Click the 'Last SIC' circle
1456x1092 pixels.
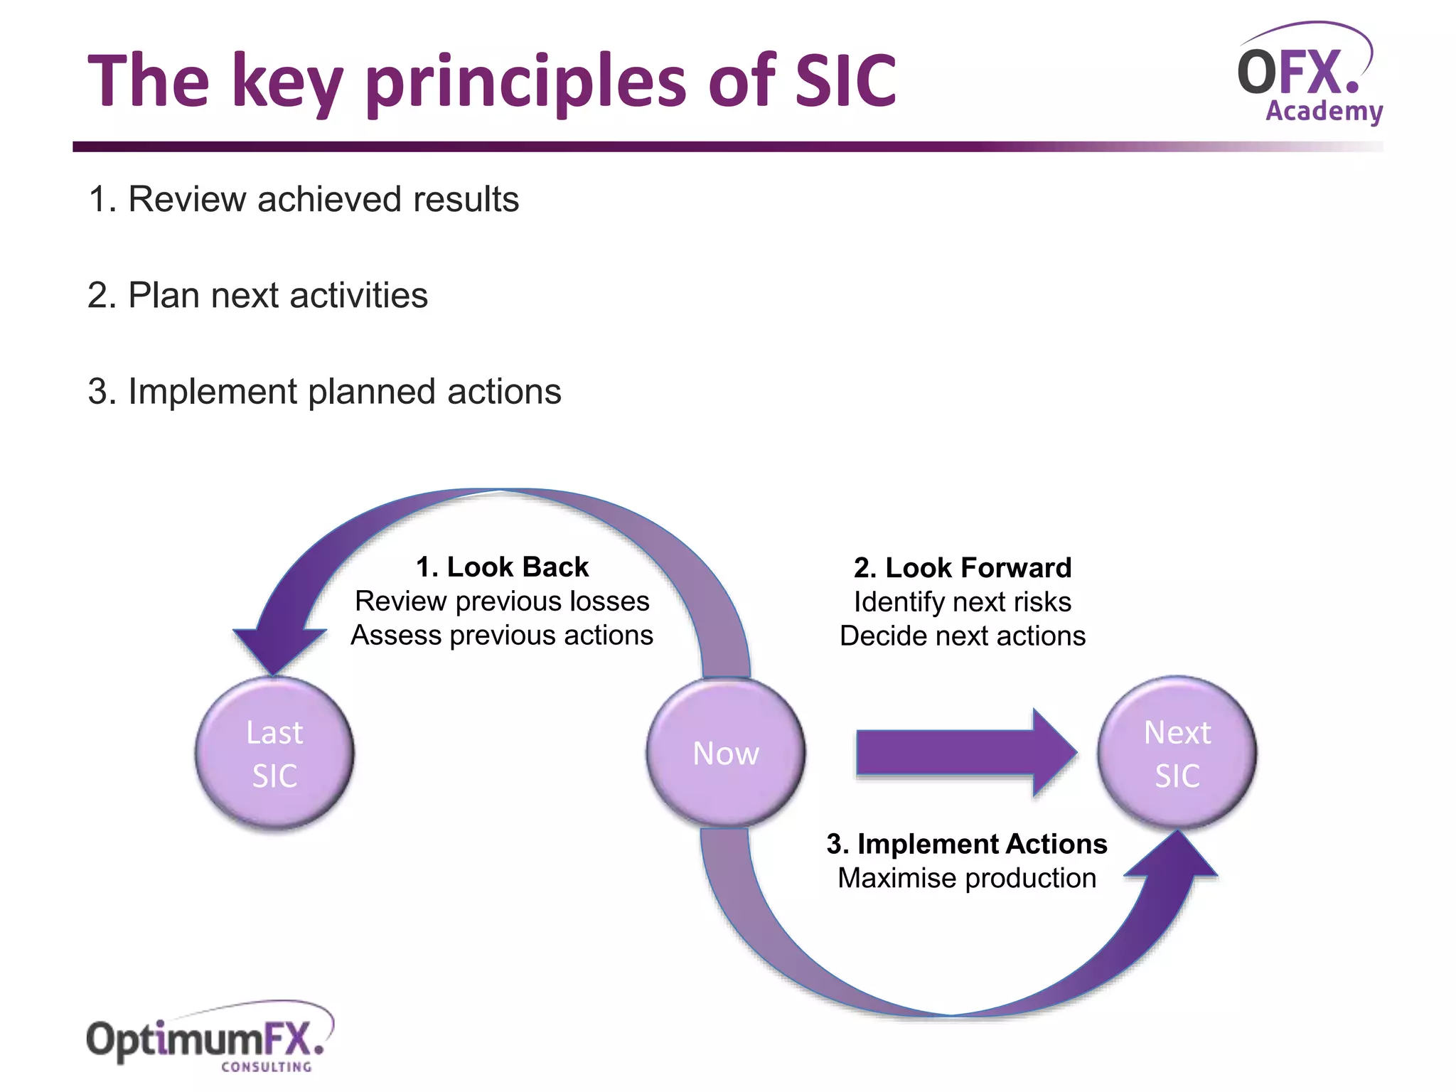click(x=274, y=754)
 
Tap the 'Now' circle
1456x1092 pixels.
click(x=726, y=754)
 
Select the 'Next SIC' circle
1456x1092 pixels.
click(x=1177, y=754)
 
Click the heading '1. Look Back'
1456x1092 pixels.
click(x=502, y=567)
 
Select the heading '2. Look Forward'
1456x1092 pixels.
click(x=963, y=568)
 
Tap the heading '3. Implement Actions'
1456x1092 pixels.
click(x=966, y=844)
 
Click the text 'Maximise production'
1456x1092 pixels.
click(x=966, y=878)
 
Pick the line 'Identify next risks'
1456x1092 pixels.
click(x=963, y=602)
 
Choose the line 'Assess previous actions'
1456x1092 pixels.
click(x=502, y=636)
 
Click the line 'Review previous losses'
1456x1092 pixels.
click(x=502, y=601)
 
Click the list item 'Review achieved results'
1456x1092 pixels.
click(x=304, y=199)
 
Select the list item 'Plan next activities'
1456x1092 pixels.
click(x=257, y=295)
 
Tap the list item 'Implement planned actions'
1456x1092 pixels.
click(x=324, y=392)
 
